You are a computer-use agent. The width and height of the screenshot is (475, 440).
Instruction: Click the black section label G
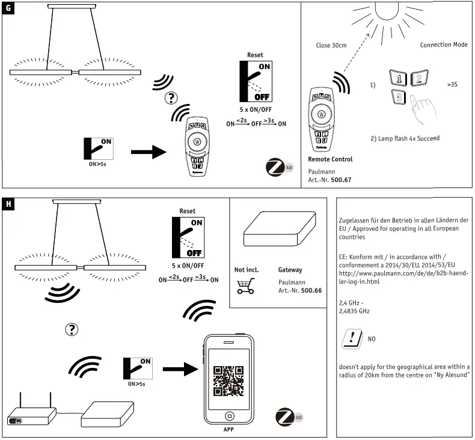(8, 10)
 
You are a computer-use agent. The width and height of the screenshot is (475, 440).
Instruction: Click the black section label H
(8, 204)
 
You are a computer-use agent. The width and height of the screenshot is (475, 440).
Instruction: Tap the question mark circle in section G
(172, 98)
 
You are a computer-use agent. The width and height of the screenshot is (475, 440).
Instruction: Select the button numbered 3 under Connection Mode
(397, 96)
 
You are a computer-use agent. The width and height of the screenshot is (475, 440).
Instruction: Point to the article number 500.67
(342, 179)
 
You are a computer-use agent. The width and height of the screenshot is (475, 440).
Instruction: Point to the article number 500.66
(311, 290)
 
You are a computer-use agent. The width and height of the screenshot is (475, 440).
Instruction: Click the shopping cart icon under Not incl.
(245, 287)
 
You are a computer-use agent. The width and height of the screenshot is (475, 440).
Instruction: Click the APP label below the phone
(228, 430)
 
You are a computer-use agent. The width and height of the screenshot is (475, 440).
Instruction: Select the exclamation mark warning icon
(351, 339)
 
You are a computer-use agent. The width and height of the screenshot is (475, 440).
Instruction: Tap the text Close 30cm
(331, 45)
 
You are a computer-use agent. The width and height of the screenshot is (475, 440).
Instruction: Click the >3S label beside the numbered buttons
(452, 85)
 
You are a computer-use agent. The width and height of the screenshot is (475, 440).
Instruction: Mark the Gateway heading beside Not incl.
(290, 270)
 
